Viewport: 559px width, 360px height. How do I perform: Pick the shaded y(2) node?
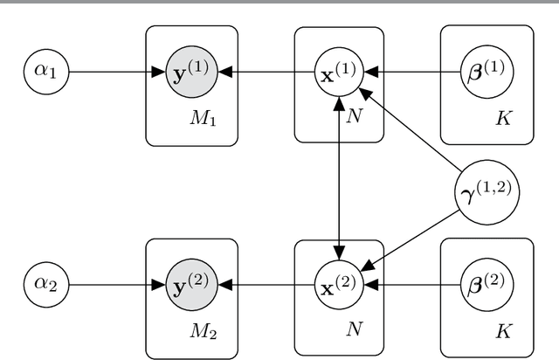(x=191, y=284)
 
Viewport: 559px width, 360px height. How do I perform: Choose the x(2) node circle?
(x=338, y=284)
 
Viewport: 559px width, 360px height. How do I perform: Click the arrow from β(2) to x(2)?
(x=411, y=284)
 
